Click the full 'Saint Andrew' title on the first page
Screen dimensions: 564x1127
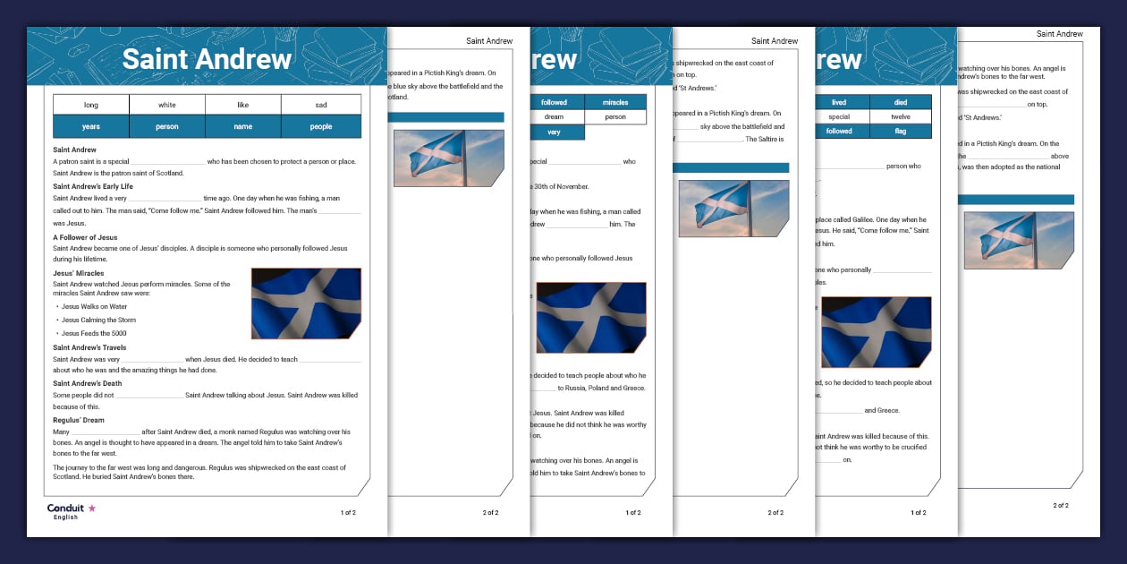click(x=207, y=59)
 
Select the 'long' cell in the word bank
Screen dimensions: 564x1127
click(x=91, y=105)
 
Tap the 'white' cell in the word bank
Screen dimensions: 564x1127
click(x=167, y=105)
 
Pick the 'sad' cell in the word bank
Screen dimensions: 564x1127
click(x=321, y=105)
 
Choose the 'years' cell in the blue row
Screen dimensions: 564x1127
click(x=91, y=127)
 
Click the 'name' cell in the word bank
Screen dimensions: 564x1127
click(x=243, y=127)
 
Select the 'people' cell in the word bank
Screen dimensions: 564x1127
click(x=321, y=127)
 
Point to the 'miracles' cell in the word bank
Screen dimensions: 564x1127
click(x=615, y=102)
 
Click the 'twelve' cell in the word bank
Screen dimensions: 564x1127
click(x=900, y=116)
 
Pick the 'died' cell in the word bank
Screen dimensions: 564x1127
click(x=900, y=102)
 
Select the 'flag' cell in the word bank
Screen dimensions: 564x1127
click(x=900, y=131)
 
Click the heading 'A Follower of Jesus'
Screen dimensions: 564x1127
click(x=85, y=237)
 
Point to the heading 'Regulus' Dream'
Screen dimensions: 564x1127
click(x=79, y=420)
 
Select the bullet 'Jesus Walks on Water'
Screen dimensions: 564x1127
click(x=94, y=306)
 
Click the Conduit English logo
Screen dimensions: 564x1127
click(x=65, y=511)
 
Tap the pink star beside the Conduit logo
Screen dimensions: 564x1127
click(x=91, y=508)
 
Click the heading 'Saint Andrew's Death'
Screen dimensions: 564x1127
click(x=88, y=383)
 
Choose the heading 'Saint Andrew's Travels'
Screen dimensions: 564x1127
click(x=89, y=347)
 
